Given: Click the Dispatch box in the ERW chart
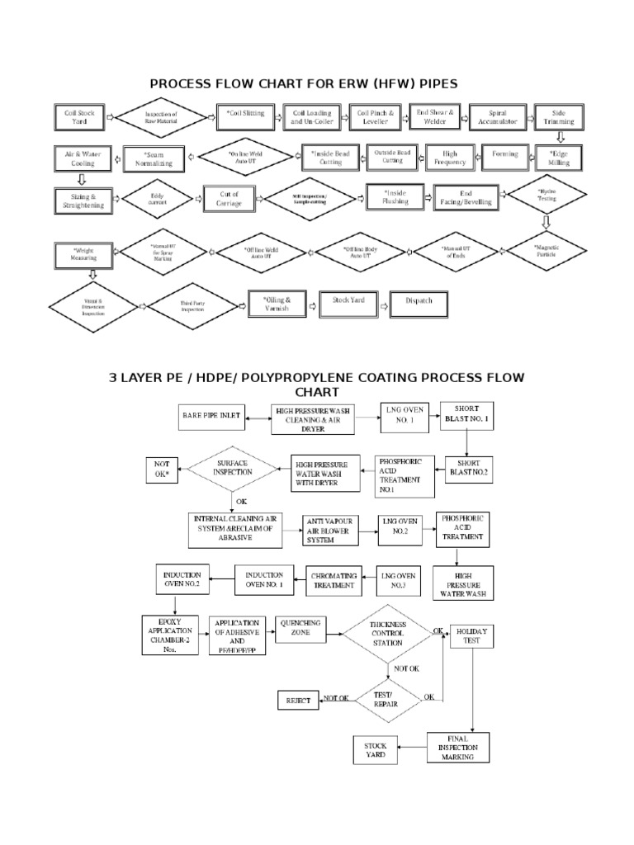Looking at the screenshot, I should point(419,302).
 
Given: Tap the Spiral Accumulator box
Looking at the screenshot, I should point(497,118).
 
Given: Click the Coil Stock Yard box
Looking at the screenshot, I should point(78,118).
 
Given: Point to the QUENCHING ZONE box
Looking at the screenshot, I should point(302,630).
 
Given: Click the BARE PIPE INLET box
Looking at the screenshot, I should point(211,418).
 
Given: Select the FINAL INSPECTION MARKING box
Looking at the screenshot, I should point(458,747).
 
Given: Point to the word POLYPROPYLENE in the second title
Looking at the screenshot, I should point(296,377).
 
